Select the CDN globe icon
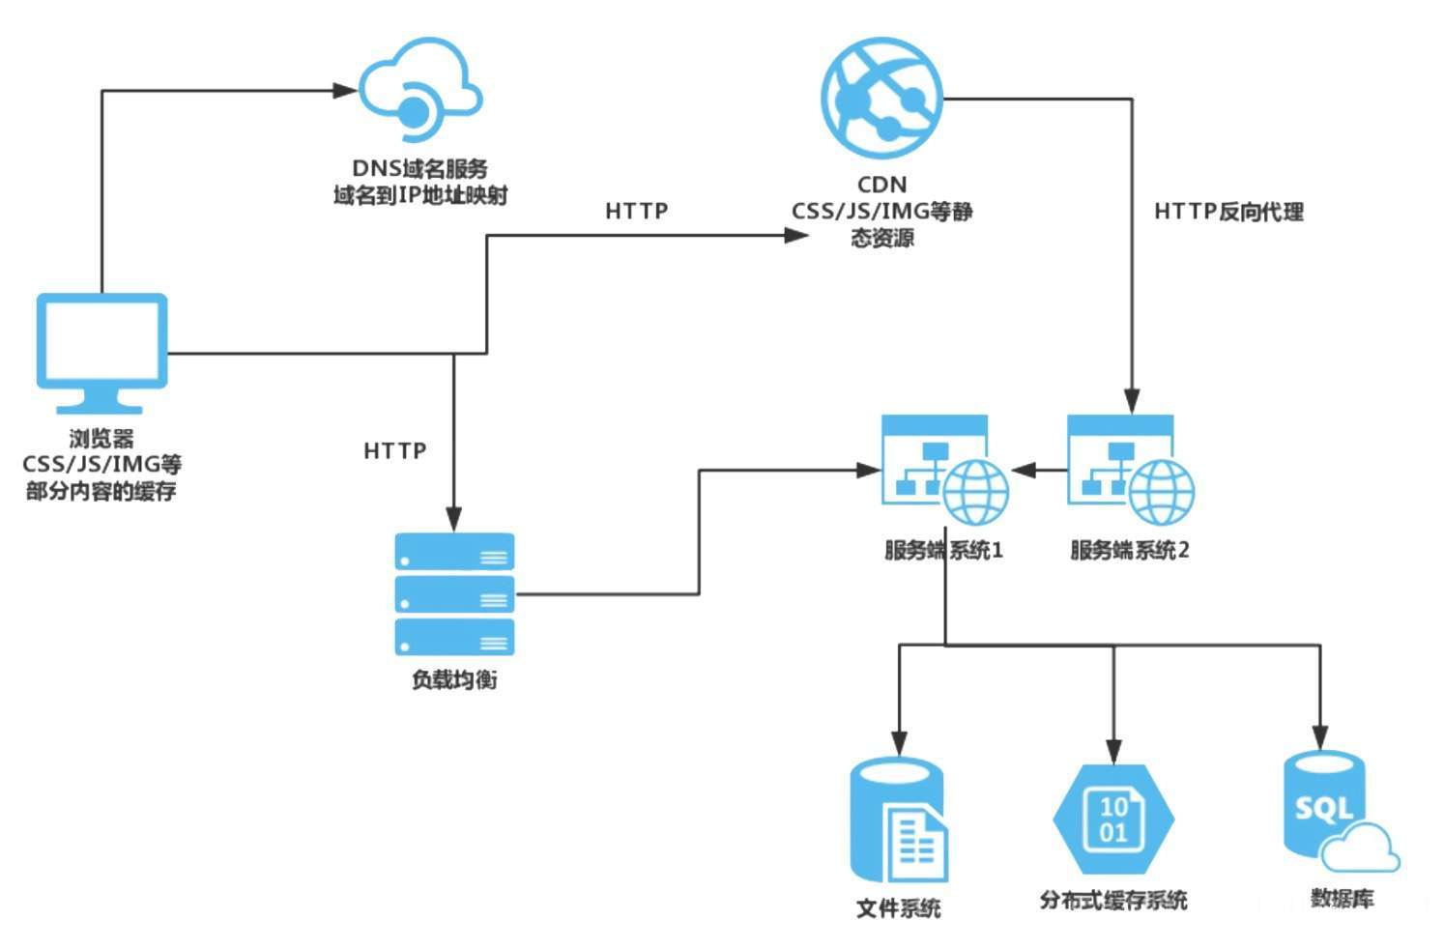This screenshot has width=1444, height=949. point(881,98)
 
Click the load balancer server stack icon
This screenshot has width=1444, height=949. point(454,593)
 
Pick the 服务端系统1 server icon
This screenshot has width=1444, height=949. point(943,470)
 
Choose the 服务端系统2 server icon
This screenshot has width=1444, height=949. point(1129,470)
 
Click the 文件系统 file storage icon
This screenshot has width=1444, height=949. point(898,821)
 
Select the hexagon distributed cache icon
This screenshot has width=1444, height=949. point(1113,820)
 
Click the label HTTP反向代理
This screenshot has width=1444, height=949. point(1228,212)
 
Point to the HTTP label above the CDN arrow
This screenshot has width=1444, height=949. point(636,211)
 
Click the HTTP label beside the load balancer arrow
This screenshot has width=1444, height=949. point(394,450)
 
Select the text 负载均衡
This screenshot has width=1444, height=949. point(454,679)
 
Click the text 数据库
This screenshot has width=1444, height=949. point(1342,899)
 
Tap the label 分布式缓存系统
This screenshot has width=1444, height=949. point(1113,900)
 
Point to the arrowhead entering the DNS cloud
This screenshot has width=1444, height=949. point(345,91)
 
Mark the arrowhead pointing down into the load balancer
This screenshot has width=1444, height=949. point(454,519)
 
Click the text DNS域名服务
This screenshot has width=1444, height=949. point(420,169)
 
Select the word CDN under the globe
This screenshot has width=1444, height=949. point(881,185)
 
